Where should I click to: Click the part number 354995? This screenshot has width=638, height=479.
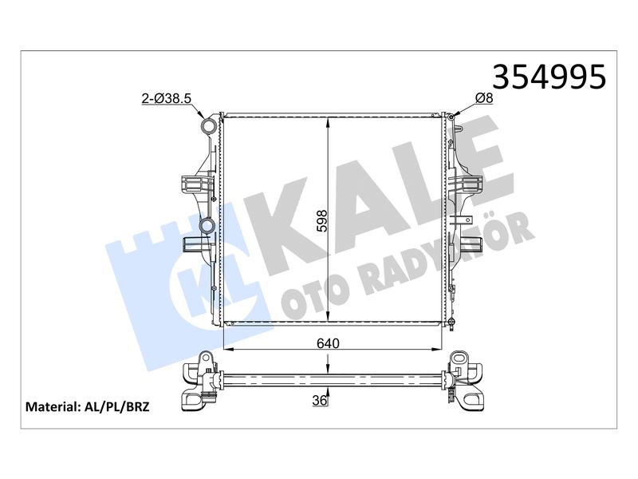549,77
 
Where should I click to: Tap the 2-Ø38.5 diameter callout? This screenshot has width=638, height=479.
167,98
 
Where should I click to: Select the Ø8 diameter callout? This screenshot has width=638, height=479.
484,97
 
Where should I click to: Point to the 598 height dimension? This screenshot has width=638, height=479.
322,221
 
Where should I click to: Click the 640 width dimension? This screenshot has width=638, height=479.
328,343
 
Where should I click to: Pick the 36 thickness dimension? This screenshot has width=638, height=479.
320,400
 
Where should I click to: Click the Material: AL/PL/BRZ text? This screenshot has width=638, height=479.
88,406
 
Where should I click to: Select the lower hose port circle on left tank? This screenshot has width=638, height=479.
207,227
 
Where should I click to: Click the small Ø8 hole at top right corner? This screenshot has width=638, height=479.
451,117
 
